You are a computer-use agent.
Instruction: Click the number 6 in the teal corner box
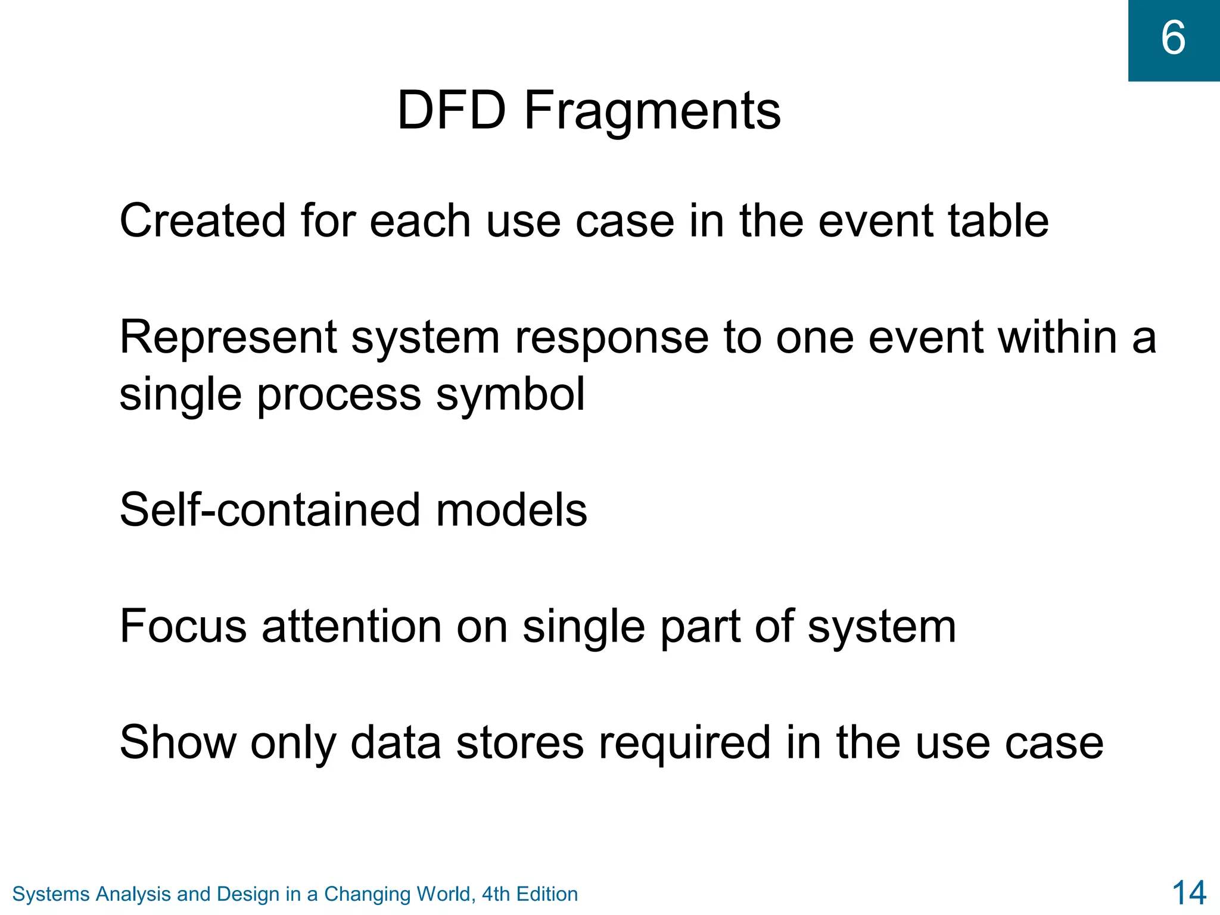[1173, 38]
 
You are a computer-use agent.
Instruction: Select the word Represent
[228, 338]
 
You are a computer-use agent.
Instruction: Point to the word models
[511, 510]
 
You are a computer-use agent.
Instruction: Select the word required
[684, 743]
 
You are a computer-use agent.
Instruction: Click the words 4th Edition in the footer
[530, 894]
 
